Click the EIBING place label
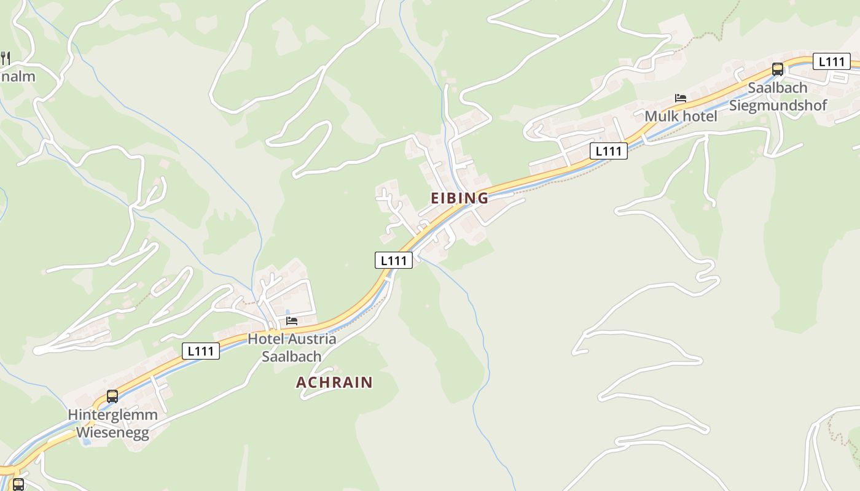pyautogui.click(x=459, y=198)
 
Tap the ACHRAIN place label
pyautogui.click(x=334, y=382)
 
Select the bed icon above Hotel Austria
pyautogui.click(x=292, y=321)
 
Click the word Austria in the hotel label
pyautogui.click(x=312, y=339)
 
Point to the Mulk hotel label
pyautogui.click(x=681, y=116)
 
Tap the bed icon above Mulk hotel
pyautogui.click(x=680, y=98)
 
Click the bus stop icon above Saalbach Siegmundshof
pyautogui.click(x=778, y=69)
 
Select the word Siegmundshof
pyautogui.click(x=778, y=105)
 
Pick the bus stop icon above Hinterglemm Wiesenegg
pyautogui.click(x=112, y=396)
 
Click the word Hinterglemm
pyautogui.click(x=112, y=415)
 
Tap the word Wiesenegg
pyautogui.click(x=112, y=433)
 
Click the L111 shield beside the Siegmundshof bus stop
pyautogui.click(x=832, y=61)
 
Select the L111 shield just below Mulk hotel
pyautogui.click(x=609, y=151)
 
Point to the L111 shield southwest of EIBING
pyautogui.click(x=394, y=260)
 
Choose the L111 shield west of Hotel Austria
pyautogui.click(x=201, y=351)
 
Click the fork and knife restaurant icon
pyautogui.click(x=5, y=58)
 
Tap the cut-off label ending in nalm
pyautogui.click(x=18, y=77)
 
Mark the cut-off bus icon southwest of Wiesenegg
pyautogui.click(x=18, y=484)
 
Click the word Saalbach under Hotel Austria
pyautogui.click(x=291, y=356)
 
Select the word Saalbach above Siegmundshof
pyautogui.click(x=777, y=88)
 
